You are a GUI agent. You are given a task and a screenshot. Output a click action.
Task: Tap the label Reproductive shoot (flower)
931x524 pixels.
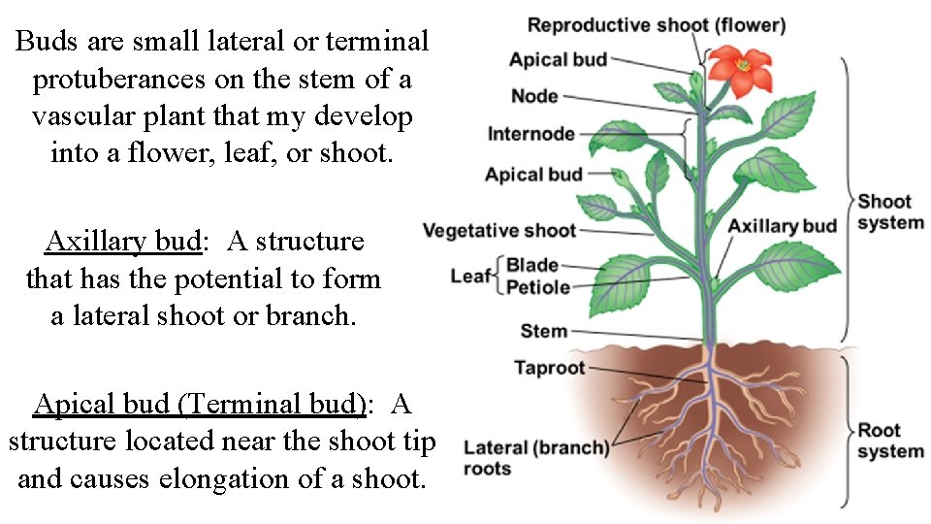coord(656,25)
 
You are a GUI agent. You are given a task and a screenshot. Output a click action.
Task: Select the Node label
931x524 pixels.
coord(534,96)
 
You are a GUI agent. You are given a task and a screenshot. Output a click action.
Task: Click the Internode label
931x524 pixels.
coord(530,134)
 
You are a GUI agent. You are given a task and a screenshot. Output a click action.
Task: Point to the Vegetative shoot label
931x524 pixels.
coord(499,231)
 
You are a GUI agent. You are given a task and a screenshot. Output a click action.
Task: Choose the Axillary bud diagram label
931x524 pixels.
coord(782,226)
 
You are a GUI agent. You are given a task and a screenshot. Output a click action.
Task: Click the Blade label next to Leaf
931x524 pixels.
coord(532,265)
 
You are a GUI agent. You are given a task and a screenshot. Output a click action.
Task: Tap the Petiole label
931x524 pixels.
coord(538,287)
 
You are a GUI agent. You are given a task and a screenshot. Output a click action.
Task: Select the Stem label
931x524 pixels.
coord(544,331)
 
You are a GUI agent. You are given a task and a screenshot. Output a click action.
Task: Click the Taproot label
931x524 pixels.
coord(550,368)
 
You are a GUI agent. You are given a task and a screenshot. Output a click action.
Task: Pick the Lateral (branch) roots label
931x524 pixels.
coord(535,457)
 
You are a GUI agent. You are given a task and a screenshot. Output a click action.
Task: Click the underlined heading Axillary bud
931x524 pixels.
coord(122,241)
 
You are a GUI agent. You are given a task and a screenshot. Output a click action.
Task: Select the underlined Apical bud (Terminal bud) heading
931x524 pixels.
coord(200,403)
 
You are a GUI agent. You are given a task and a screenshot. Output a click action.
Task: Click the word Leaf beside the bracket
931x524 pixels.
coord(470,277)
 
